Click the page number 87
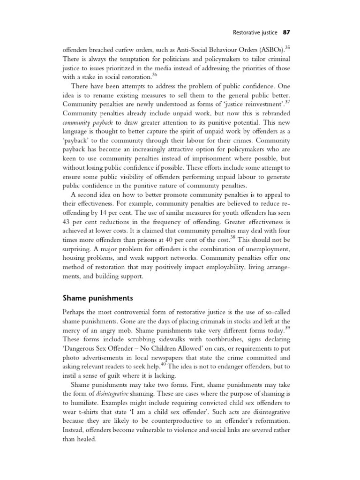[287, 33]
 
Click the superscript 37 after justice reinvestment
[293, 102]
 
